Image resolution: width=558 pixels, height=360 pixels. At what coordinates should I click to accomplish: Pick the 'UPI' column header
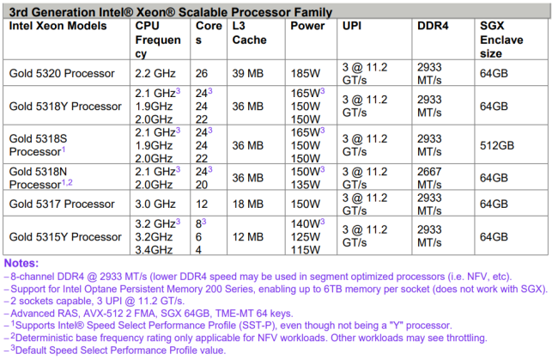click(353, 26)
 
